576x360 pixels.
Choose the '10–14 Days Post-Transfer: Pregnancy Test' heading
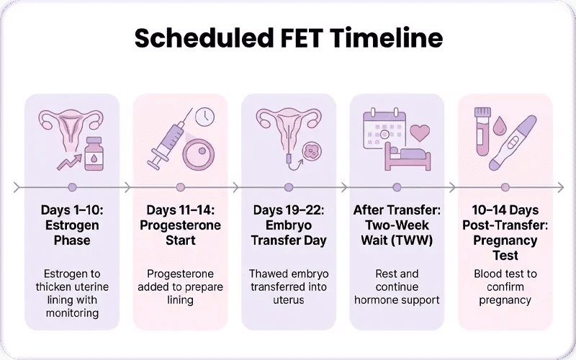tap(505, 233)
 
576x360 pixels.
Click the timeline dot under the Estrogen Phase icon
tap(72, 187)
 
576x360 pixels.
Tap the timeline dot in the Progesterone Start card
tap(180, 187)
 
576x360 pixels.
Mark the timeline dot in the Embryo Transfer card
tap(288, 187)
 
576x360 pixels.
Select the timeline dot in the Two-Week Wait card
tap(397, 187)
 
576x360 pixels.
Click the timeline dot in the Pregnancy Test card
tap(505, 187)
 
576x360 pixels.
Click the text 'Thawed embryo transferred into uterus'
tap(288, 287)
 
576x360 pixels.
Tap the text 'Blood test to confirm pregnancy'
tap(505, 287)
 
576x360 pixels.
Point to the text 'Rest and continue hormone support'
tap(397, 287)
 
